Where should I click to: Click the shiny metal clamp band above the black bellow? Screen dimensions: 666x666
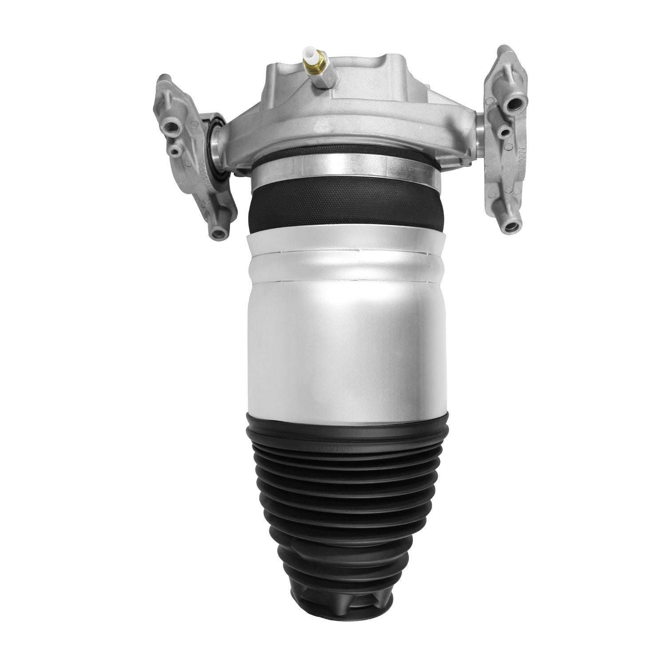click(x=342, y=171)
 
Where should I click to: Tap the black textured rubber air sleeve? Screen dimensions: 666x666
click(x=342, y=209)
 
